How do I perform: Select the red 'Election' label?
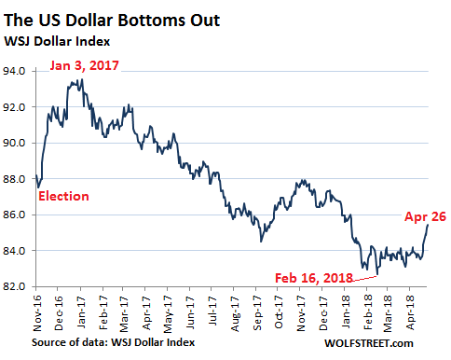coord(63,196)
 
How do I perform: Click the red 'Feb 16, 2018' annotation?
coord(314,278)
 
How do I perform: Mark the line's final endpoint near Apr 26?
coord(428,225)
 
